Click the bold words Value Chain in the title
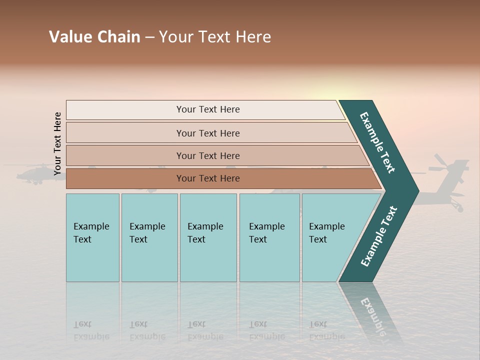(94, 37)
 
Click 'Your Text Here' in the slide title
(215, 37)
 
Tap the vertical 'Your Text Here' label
(57, 143)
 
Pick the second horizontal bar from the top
(207, 133)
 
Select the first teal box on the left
(92, 237)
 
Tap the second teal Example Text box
(149, 237)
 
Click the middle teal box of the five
(208, 237)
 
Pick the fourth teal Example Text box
(269, 237)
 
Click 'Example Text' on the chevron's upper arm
(377, 142)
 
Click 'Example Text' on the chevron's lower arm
(378, 236)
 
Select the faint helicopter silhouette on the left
(35, 175)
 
